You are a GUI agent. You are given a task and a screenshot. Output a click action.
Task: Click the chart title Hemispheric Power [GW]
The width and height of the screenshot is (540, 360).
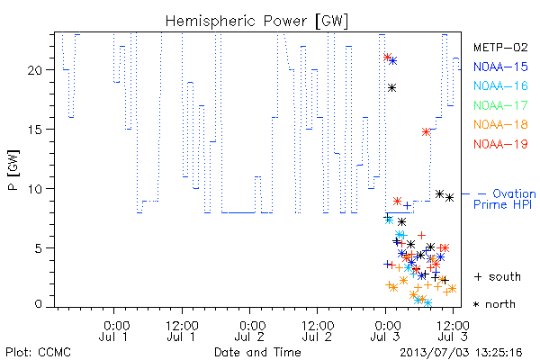(256, 22)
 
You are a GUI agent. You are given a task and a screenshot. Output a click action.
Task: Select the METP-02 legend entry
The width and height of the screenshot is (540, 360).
(500, 47)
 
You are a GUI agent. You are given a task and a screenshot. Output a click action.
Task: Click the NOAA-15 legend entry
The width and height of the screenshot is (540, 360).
(500, 67)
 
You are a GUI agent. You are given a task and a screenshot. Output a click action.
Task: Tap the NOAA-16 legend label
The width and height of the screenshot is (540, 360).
(500, 85)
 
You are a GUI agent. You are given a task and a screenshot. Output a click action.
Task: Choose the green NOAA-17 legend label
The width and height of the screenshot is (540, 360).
(500, 105)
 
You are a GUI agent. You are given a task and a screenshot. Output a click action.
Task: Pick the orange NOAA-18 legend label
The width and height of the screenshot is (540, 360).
(500, 124)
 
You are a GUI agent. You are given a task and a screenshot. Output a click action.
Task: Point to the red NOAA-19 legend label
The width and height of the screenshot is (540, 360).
(500, 144)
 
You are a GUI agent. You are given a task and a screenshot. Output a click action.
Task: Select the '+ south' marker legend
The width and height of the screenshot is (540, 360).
(498, 276)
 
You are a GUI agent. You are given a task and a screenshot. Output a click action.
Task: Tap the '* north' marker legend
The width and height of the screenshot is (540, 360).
(494, 304)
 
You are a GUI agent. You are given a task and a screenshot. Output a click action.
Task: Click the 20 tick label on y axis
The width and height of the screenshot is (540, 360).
(34, 70)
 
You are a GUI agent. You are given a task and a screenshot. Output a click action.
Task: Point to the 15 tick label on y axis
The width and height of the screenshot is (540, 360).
(34, 130)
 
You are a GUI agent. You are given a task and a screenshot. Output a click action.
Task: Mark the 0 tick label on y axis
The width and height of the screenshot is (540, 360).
(38, 304)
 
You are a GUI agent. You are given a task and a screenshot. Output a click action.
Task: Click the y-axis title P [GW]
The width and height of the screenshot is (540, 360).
(13, 170)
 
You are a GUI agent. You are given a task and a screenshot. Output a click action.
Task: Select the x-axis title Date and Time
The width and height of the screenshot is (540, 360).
(257, 352)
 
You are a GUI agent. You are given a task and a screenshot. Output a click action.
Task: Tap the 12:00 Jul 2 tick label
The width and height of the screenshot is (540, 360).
(317, 331)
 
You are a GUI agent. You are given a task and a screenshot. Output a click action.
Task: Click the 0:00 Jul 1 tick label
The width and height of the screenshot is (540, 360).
(113, 331)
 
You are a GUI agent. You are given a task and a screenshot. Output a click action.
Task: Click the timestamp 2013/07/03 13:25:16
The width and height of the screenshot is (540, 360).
(461, 353)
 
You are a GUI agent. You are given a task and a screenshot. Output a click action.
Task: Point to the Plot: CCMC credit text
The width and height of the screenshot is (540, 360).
(38, 353)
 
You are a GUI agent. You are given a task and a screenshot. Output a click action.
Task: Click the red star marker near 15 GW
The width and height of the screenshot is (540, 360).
(427, 132)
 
